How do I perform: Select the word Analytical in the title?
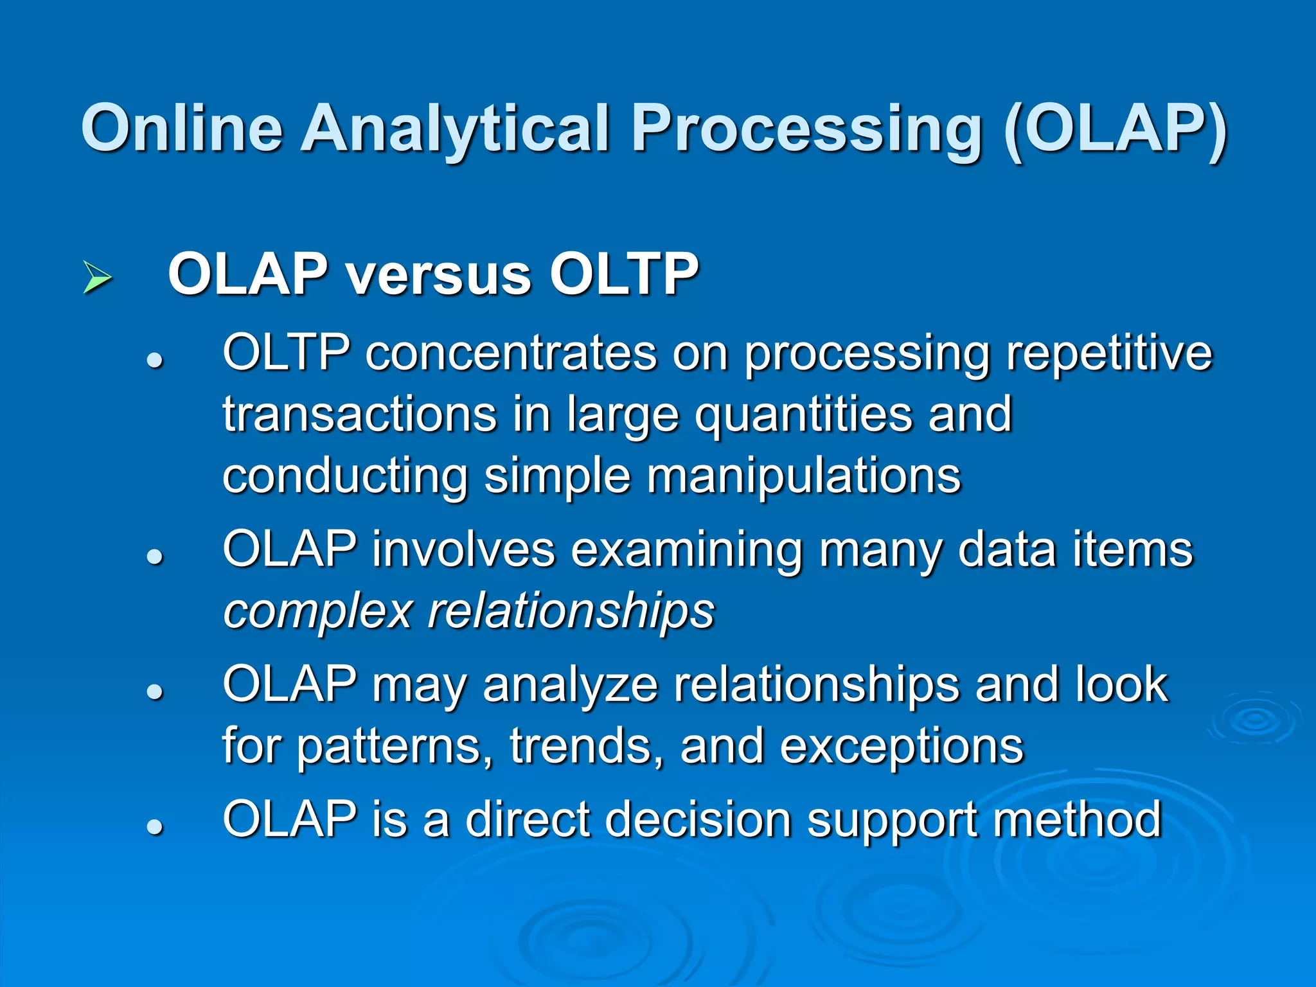(455, 130)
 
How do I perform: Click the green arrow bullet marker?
(97, 278)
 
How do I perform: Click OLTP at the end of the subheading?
(624, 274)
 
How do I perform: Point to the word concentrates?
(511, 353)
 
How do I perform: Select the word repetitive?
(1109, 353)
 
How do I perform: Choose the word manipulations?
(804, 477)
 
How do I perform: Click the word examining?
(687, 551)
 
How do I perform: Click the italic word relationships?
(571, 612)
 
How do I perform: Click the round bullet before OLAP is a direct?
(154, 826)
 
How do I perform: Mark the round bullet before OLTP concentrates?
(154, 361)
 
